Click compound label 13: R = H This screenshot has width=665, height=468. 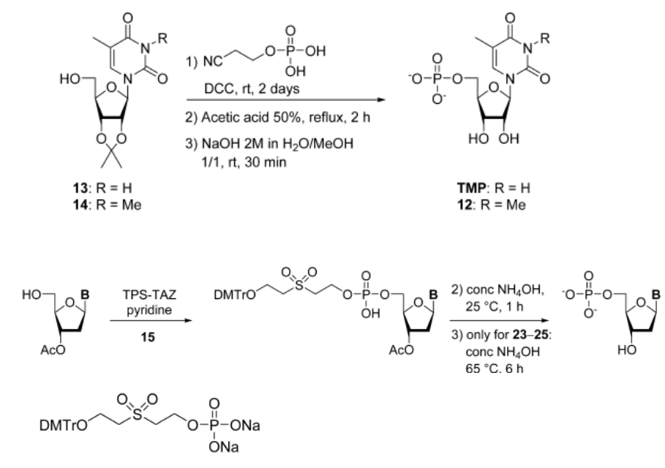(x=102, y=188)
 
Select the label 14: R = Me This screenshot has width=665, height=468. (x=107, y=205)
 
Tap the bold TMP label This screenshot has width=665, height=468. (x=471, y=188)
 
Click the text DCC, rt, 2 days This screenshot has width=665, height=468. (x=252, y=89)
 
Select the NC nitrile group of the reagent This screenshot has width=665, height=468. (x=213, y=61)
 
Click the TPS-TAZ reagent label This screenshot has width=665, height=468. (x=149, y=294)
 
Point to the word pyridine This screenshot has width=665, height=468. (x=149, y=310)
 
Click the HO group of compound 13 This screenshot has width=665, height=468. (x=70, y=79)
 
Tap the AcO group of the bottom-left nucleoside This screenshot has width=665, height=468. (x=53, y=350)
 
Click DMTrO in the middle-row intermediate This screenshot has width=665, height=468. (x=235, y=295)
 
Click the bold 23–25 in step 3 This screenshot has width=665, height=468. (x=530, y=335)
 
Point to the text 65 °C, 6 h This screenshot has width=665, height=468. (x=494, y=369)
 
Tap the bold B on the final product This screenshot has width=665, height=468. (x=655, y=294)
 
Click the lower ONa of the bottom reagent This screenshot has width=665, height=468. (x=224, y=448)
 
